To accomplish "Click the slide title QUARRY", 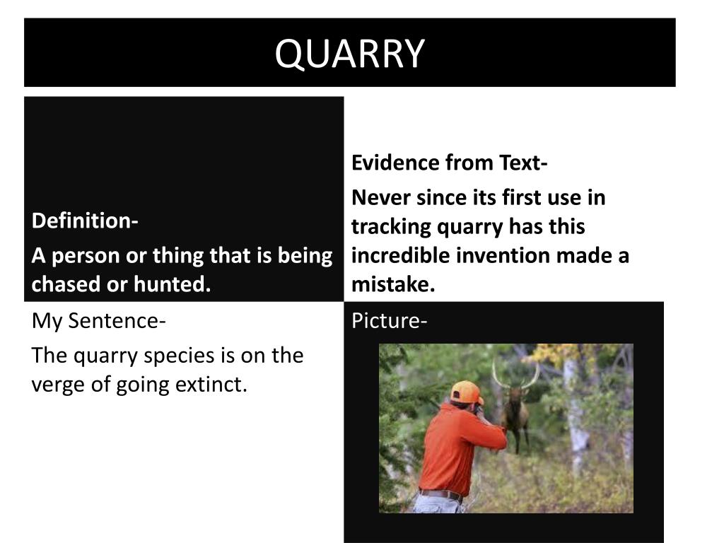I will coord(350,54).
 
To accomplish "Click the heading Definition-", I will coord(85,221).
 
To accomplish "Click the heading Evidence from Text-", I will coord(450,163).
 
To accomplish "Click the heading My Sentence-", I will coord(99,321).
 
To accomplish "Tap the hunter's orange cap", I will coord(467,391).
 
